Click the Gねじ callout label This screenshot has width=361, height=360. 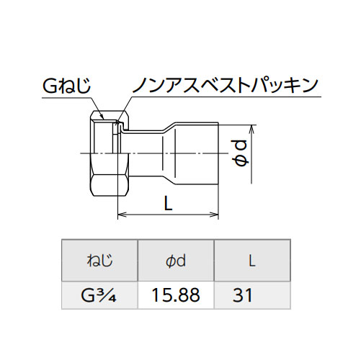point(67,86)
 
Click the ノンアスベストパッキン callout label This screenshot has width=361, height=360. point(226,85)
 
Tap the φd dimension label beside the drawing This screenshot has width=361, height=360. point(240,153)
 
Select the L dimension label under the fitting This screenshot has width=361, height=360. point(169,203)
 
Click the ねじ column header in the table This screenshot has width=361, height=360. point(99,261)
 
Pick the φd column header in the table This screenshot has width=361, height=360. point(176,261)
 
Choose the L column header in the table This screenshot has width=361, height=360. point(251,261)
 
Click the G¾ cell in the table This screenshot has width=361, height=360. point(99,295)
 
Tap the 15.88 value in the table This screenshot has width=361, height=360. point(176,295)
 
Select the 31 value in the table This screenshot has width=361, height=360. point(243,295)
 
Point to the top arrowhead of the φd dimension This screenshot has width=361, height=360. point(251,128)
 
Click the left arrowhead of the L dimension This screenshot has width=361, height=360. point(122,215)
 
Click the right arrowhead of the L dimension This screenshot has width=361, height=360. point(214,215)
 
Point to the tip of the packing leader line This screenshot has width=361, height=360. point(117,125)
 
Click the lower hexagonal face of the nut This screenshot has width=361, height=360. point(110,186)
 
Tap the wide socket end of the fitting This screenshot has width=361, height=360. point(197,153)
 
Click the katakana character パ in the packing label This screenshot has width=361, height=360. point(261,85)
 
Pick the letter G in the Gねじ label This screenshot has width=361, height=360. point(50,86)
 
